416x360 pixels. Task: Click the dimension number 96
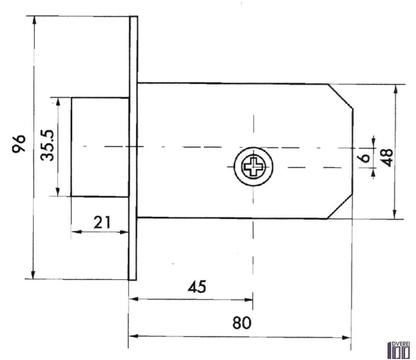tap(19, 143)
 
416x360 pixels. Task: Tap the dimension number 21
tap(102, 222)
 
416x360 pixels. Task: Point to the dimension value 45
tap(197, 286)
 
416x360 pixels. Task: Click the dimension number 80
tap(242, 323)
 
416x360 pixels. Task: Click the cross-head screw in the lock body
tap(253, 167)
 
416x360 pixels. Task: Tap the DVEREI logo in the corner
tap(399, 350)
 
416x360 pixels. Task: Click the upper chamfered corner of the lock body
tap(341, 96)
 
